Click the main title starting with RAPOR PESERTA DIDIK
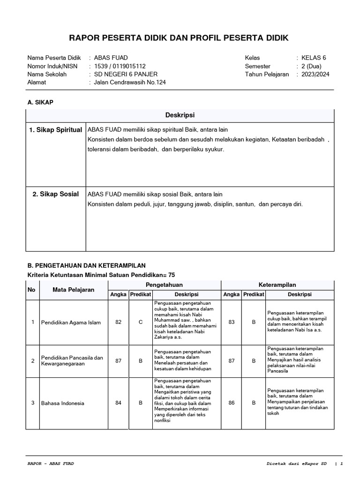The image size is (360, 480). pyautogui.click(x=180, y=37)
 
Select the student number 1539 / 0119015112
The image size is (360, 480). pyautogui.click(x=120, y=66)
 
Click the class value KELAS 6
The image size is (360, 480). pyautogui.click(x=314, y=58)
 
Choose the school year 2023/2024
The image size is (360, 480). pyautogui.click(x=315, y=74)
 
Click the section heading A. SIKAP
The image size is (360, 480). pyautogui.click(x=41, y=102)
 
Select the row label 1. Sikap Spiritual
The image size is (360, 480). pyautogui.click(x=56, y=130)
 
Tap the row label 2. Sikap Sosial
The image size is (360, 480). pyautogui.click(x=56, y=194)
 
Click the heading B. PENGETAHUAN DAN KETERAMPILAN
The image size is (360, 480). pyautogui.click(x=87, y=265)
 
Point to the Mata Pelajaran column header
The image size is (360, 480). pyautogui.click(x=74, y=290)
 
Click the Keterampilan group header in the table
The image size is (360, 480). pyautogui.click(x=277, y=285)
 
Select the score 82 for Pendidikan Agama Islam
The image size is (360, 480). pyautogui.click(x=118, y=322)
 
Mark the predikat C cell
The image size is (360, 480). pyautogui.click(x=140, y=322)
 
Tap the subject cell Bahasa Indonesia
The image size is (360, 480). pyautogui.click(x=63, y=403)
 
